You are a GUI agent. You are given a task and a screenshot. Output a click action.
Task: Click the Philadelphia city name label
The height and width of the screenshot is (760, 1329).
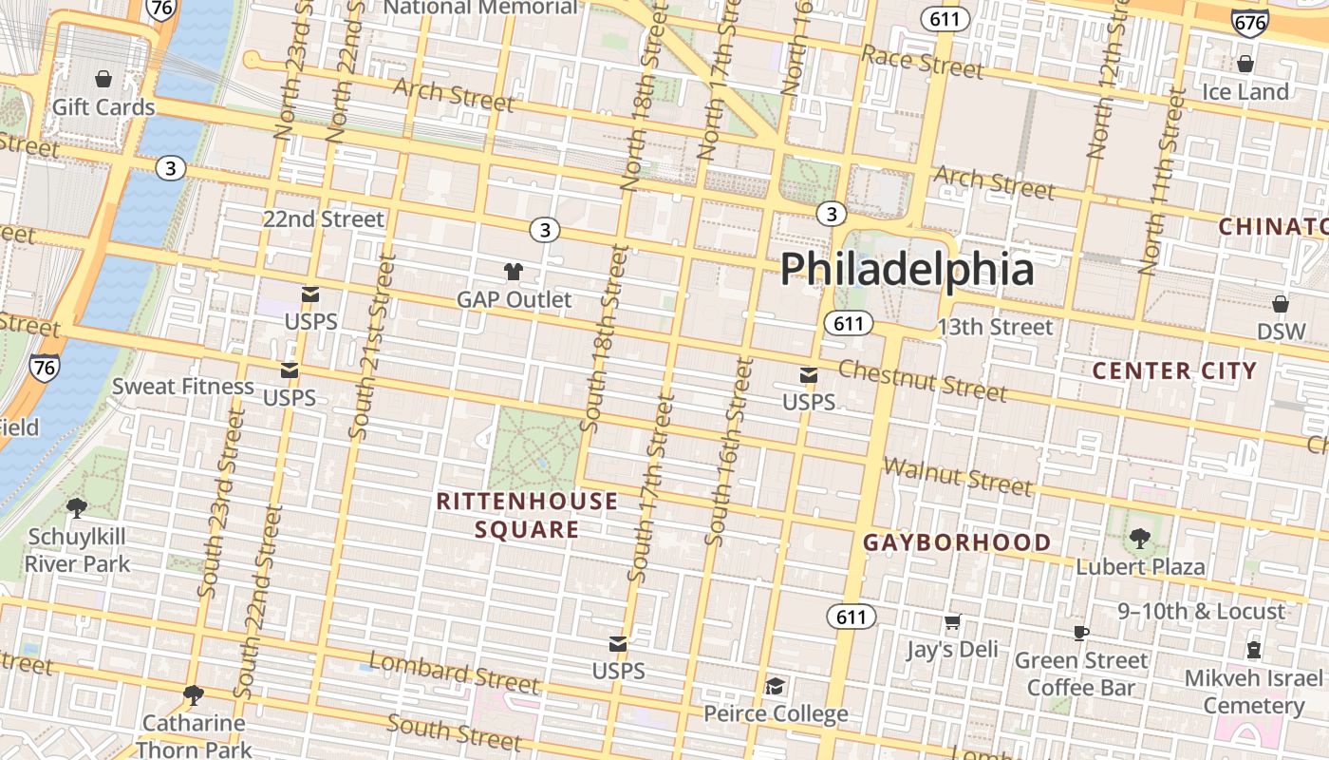tap(907, 269)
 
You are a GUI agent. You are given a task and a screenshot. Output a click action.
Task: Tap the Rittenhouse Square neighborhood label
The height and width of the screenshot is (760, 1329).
tap(527, 515)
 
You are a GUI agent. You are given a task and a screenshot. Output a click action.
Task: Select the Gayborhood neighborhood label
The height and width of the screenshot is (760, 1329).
tap(957, 542)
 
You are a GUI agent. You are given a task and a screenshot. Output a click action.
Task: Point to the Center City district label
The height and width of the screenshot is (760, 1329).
tap(1175, 370)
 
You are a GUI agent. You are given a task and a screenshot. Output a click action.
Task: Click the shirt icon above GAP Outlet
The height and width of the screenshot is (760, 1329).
tap(514, 272)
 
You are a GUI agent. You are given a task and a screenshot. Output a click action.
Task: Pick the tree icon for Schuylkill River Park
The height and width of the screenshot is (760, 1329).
tap(77, 508)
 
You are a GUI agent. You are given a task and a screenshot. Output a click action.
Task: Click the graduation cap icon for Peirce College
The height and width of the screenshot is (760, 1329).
tap(776, 686)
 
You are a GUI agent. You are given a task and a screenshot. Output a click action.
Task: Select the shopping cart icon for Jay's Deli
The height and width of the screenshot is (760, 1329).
tap(952, 622)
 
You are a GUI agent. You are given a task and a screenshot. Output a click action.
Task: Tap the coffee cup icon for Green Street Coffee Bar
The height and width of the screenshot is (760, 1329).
tap(1080, 633)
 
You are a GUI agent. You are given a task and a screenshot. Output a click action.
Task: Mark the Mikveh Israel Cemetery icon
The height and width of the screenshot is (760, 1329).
tap(1254, 651)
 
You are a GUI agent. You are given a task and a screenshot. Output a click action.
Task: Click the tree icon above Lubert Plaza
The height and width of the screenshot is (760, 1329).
tap(1140, 539)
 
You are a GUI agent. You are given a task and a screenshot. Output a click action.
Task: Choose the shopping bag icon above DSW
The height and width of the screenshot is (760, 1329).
tap(1281, 304)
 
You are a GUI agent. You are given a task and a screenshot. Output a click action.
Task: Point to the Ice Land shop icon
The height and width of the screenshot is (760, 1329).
tap(1245, 64)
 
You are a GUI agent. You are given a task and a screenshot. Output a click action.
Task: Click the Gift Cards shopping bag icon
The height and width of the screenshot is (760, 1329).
tap(103, 79)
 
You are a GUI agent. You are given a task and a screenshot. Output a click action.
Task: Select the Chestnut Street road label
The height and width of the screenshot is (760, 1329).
tap(922, 381)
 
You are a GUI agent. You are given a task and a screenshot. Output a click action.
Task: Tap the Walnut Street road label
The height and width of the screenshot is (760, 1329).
tap(957, 477)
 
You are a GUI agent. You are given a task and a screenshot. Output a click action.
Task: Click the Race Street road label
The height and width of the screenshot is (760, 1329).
tap(922, 63)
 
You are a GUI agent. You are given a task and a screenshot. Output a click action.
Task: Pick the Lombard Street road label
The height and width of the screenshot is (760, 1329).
tap(454, 673)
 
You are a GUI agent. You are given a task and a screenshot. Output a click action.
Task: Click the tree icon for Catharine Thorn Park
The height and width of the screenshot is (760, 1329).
tap(194, 695)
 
